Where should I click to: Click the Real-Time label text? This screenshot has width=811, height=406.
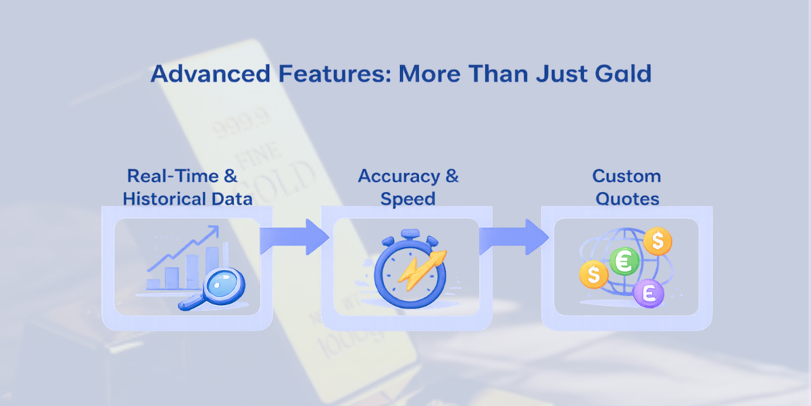(x=173, y=176)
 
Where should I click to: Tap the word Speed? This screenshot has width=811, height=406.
(x=408, y=199)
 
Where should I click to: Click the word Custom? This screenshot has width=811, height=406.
(x=626, y=176)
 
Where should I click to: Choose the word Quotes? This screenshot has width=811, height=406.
(x=626, y=199)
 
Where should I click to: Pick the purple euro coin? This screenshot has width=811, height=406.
(x=649, y=293)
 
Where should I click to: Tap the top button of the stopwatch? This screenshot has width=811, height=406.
(x=411, y=233)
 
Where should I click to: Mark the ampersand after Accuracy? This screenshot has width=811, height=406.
(x=451, y=176)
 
